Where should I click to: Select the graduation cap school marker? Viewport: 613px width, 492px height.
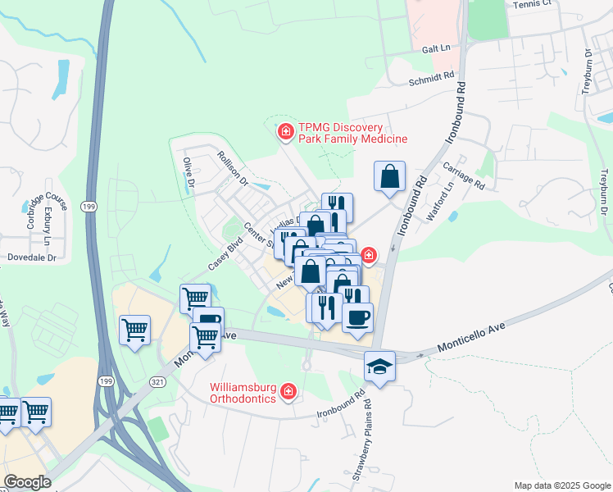click(380, 366)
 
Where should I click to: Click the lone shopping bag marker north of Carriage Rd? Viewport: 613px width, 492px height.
click(390, 175)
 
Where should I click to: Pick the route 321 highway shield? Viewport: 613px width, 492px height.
click(158, 381)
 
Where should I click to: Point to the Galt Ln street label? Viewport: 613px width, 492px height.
click(434, 48)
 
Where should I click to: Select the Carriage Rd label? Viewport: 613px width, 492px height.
click(464, 175)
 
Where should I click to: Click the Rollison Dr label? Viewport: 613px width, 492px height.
click(232, 169)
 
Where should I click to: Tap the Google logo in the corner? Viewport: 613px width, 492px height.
click(27, 482)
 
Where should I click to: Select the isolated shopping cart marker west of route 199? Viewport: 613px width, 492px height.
click(135, 330)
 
